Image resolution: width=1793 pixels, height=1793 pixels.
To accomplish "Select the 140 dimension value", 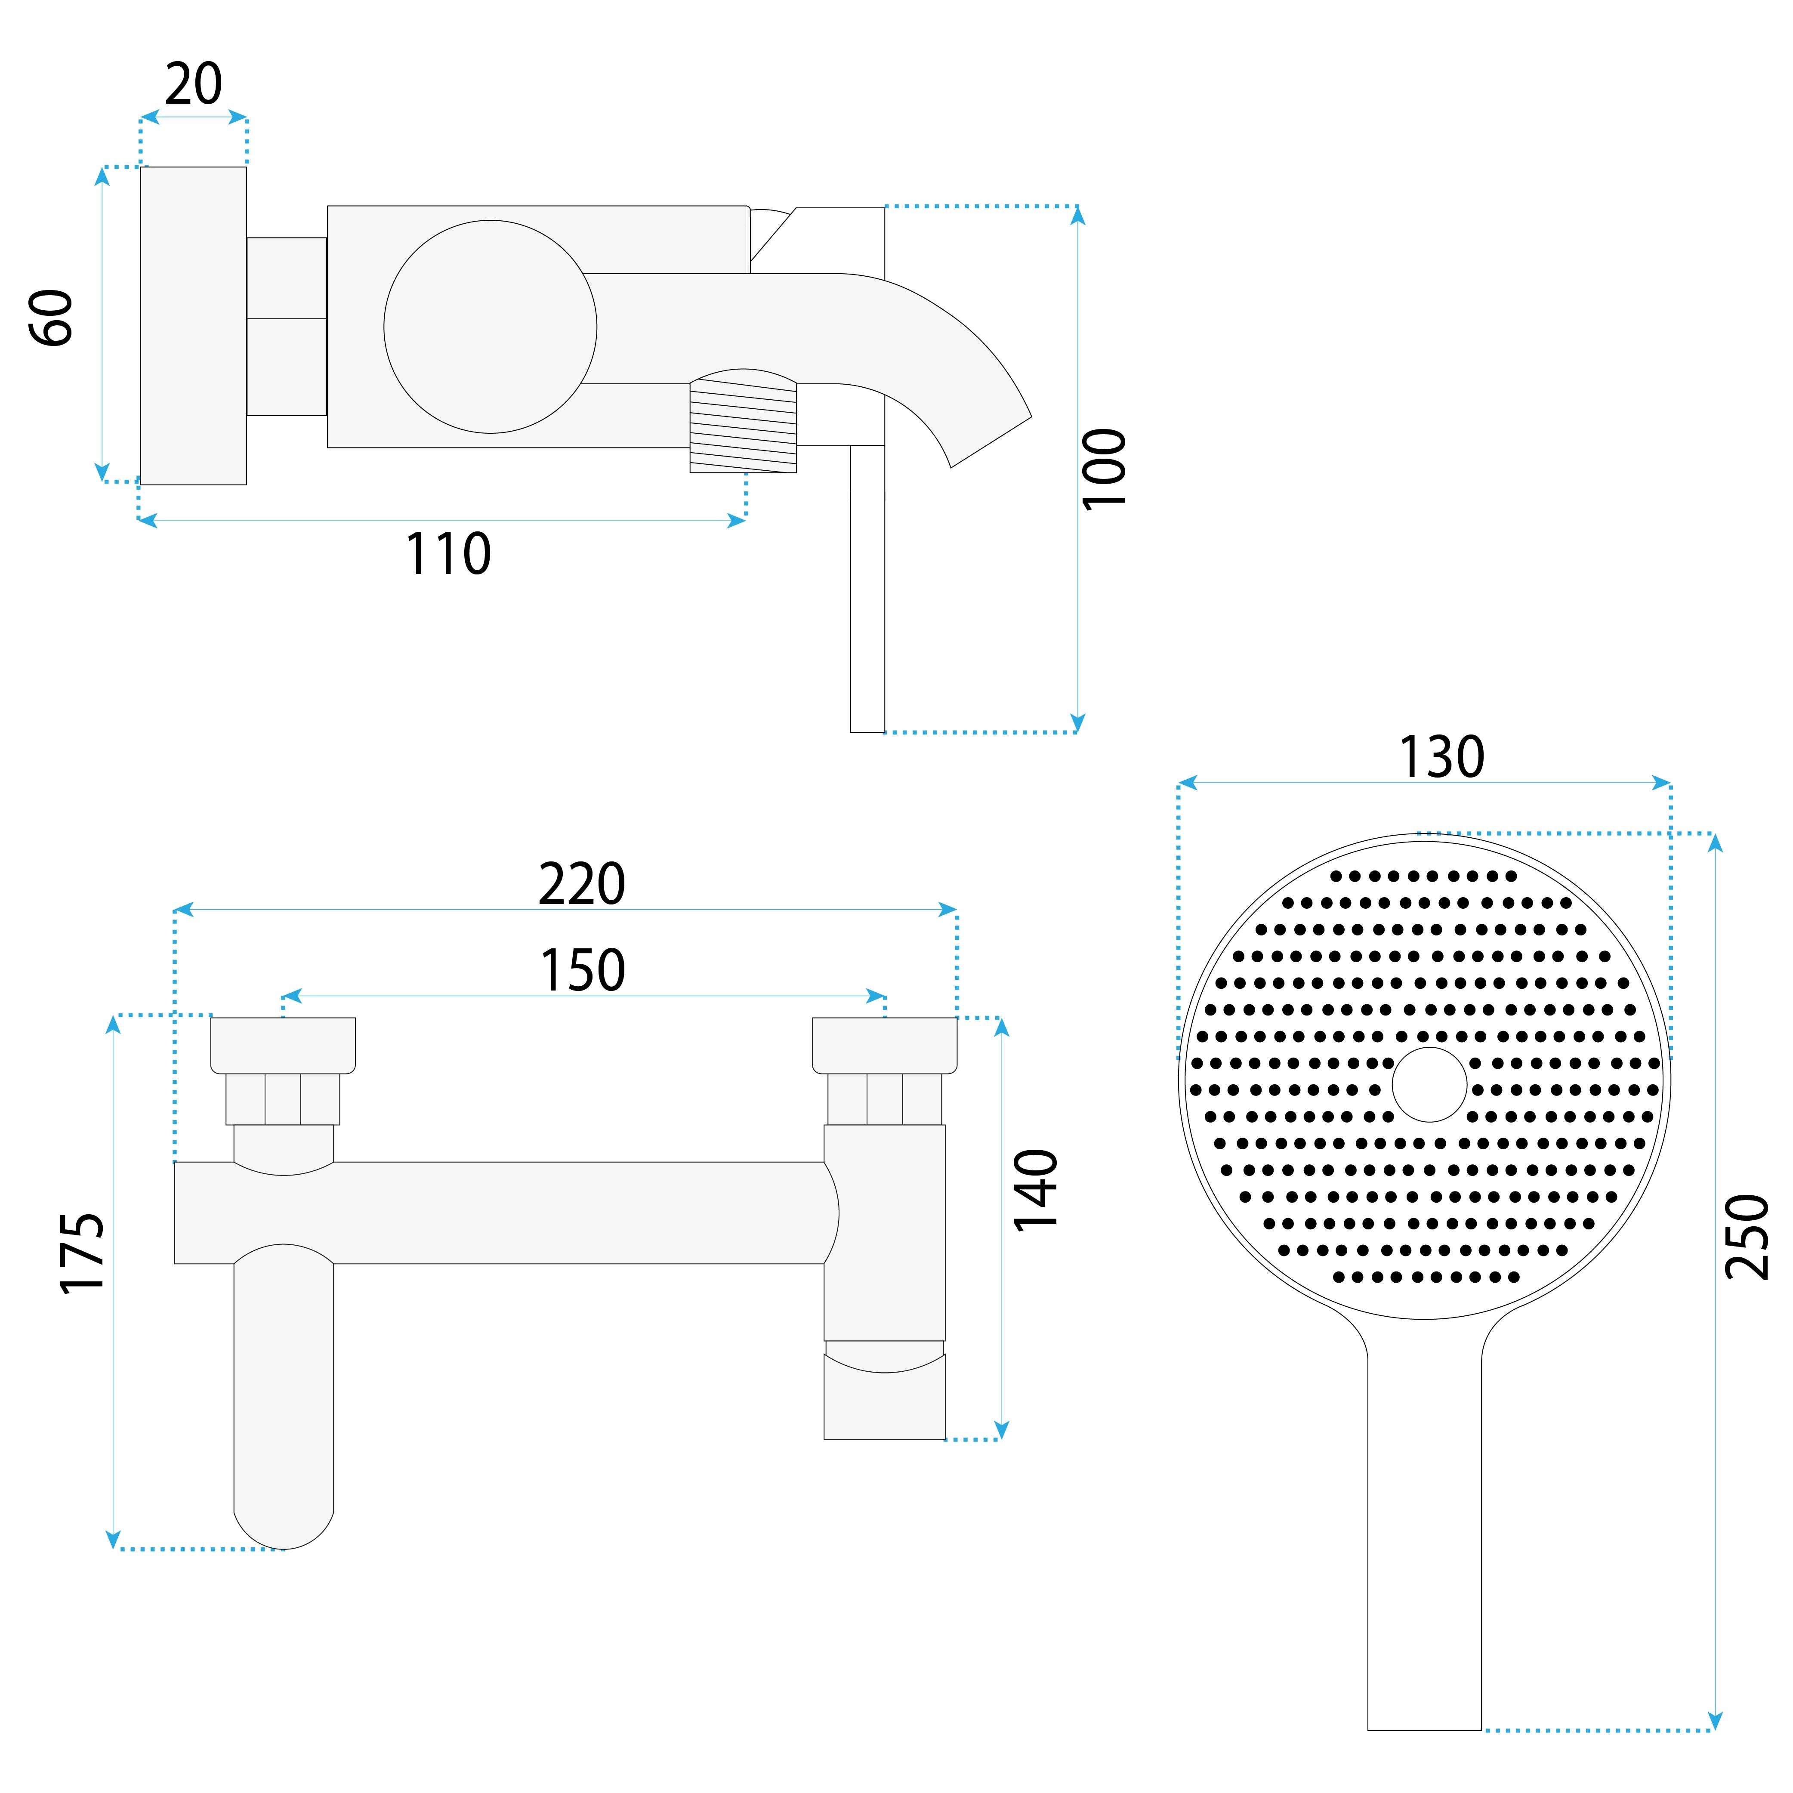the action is click(1036, 1191).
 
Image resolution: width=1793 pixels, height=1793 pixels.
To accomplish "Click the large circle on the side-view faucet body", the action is click(490, 327).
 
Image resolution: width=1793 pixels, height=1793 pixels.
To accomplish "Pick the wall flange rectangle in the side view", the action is click(193, 326).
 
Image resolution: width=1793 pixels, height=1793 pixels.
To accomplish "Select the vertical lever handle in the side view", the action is click(868, 588).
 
